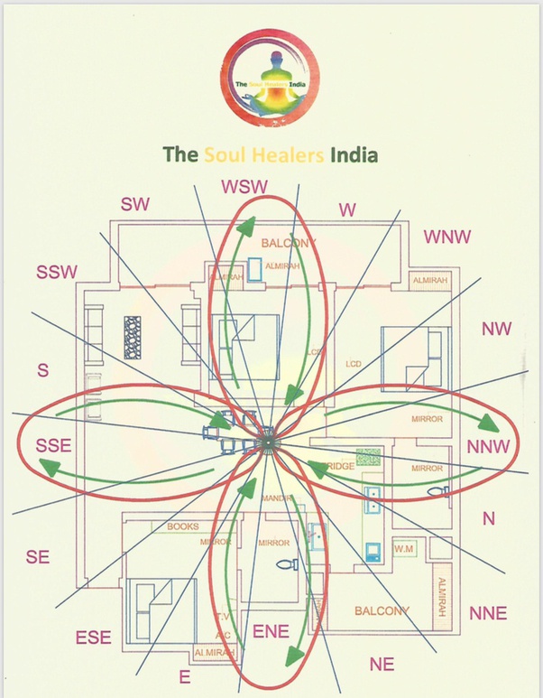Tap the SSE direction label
pyautogui.click(x=53, y=446)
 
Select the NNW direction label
pyautogui.click(x=489, y=445)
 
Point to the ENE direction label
pyautogui.click(x=270, y=632)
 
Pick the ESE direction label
pyautogui.click(x=93, y=638)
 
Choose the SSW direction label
pyautogui.click(x=57, y=272)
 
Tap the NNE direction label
pyautogui.click(x=488, y=614)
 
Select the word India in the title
pyautogui.click(x=353, y=154)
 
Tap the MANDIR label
pyautogui.click(x=272, y=498)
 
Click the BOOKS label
pyautogui.click(x=182, y=526)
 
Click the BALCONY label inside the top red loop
pyautogui.click(x=290, y=244)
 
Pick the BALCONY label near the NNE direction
pyautogui.click(x=382, y=611)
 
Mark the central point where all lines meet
pyautogui.click(x=268, y=442)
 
